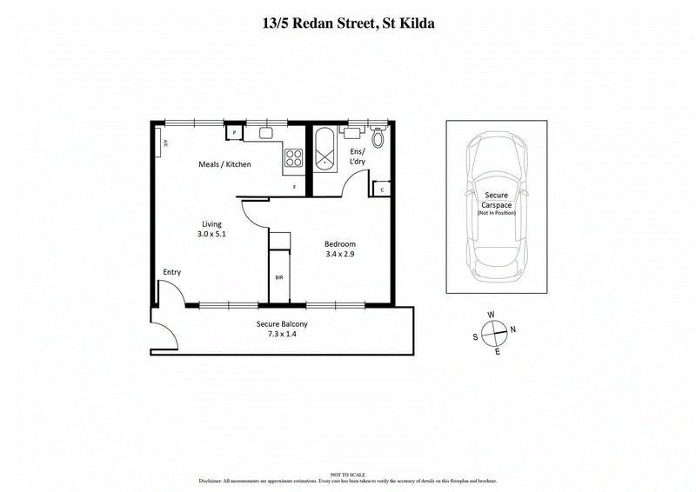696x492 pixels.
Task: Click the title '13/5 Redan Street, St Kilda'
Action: tap(348, 23)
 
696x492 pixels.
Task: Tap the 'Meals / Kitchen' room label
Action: tap(225, 163)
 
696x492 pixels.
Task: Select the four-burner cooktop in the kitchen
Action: tap(294, 158)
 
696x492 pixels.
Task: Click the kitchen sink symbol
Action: tap(265, 134)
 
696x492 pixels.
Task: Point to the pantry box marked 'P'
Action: tap(234, 133)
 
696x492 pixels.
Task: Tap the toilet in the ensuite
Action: tap(378, 137)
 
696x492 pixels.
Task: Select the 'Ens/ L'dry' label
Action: tap(358, 157)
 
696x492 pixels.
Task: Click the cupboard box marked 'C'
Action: tap(383, 189)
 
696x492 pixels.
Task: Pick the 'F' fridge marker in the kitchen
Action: tap(294, 188)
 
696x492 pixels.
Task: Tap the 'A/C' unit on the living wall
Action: tap(162, 143)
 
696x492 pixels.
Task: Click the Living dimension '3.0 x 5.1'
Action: tap(211, 234)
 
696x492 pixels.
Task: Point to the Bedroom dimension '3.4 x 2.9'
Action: tap(340, 256)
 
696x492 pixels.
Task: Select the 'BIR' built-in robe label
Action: tap(278, 277)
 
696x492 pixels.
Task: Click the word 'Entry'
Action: tap(172, 272)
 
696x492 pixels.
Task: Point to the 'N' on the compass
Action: tap(512, 329)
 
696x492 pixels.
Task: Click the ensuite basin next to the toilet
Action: tap(354, 133)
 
